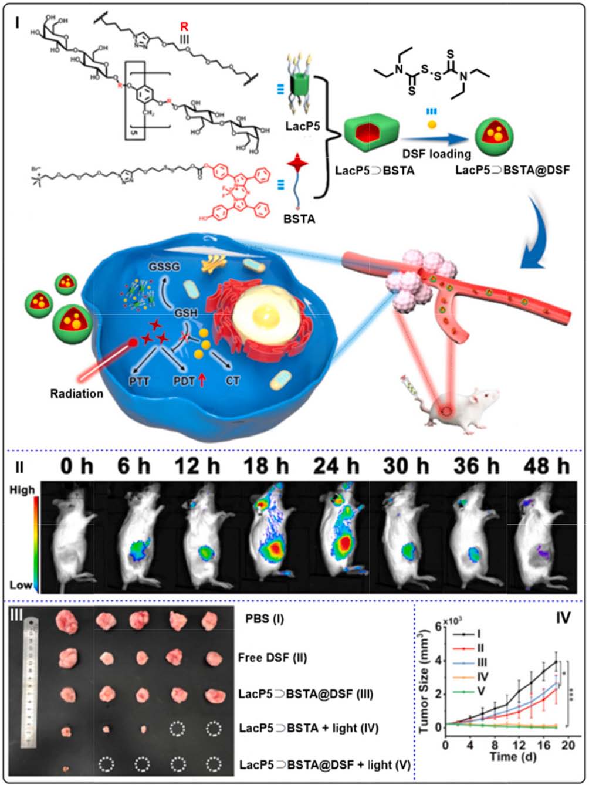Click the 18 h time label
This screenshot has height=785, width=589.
[266, 467]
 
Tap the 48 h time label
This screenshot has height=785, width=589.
[547, 467]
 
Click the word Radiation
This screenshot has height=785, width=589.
[76, 394]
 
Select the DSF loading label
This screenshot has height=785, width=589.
[436, 154]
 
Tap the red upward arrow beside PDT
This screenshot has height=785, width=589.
[202, 381]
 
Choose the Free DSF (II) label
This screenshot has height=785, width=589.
[273, 658]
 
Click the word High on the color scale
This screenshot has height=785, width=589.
[22, 489]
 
